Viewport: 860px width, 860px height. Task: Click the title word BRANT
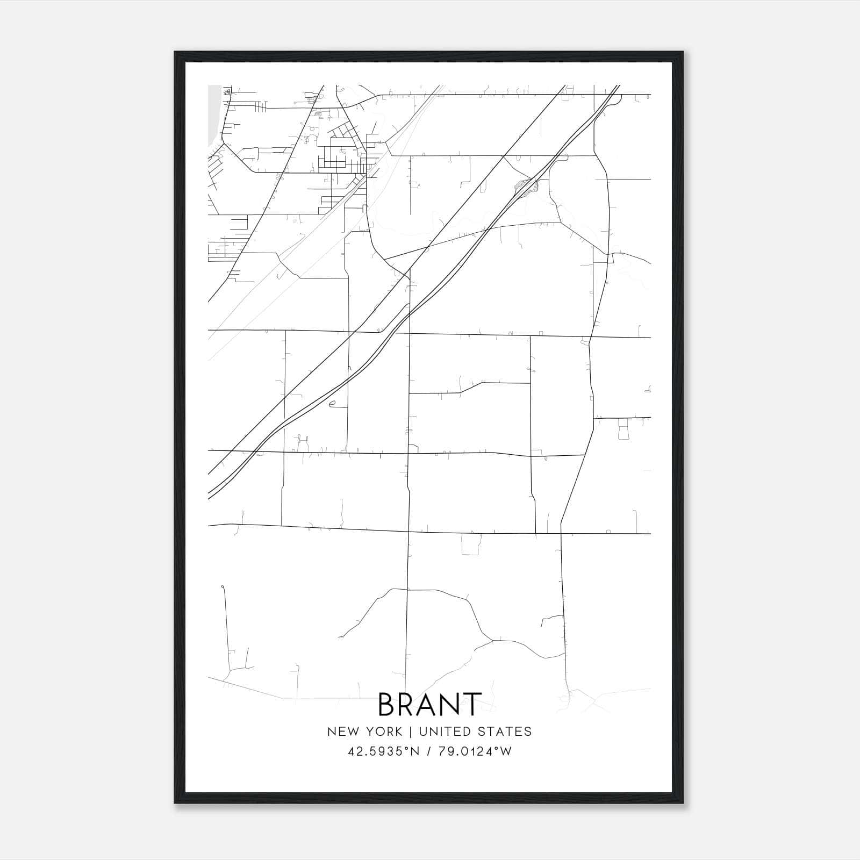429,704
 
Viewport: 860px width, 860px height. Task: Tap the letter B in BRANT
388,704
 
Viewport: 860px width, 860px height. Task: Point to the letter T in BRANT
471,704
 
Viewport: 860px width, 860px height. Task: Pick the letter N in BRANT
450,704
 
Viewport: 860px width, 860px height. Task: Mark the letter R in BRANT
408,704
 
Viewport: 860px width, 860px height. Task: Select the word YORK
383,732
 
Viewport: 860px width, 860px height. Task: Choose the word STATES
506,732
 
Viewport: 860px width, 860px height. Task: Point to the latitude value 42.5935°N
383,751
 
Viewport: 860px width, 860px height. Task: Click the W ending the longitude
506,751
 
